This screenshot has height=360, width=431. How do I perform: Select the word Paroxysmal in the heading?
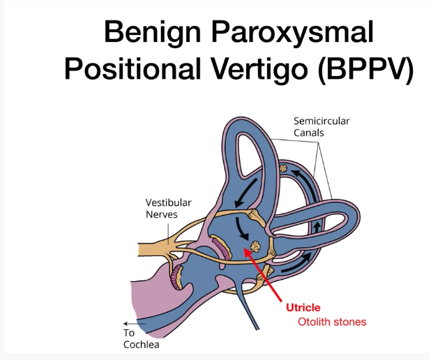304,33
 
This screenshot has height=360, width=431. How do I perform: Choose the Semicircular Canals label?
322,127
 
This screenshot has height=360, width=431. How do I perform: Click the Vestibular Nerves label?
168,208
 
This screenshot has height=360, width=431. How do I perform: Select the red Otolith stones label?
332,322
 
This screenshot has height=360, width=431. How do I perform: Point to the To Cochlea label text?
138,338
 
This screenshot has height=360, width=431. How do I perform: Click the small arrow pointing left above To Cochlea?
129,324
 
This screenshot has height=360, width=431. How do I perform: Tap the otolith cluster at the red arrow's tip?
256,246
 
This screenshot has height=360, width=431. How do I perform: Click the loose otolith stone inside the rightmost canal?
284,170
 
